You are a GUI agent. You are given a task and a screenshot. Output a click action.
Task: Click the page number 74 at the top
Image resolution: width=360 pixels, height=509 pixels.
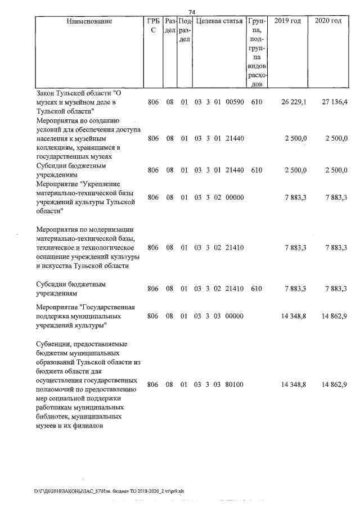pyautogui.click(x=191, y=12)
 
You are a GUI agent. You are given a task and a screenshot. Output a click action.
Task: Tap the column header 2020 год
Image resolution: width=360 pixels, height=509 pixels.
pyautogui.click(x=328, y=21)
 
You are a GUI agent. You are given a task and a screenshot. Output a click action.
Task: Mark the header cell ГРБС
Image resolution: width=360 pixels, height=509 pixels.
pyautogui.click(x=152, y=26)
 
